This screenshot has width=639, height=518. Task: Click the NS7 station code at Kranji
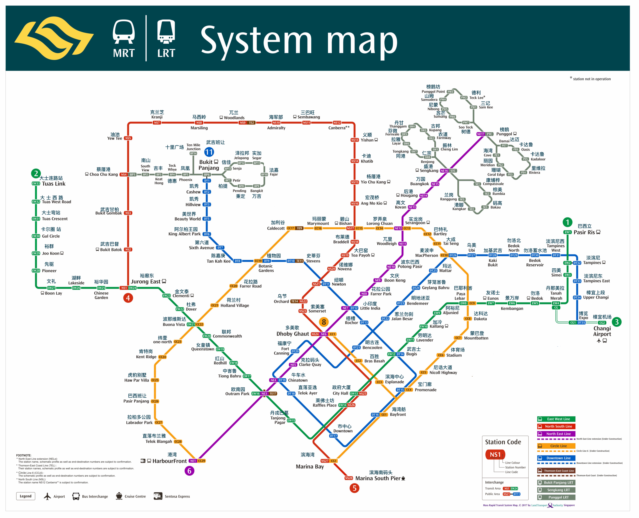(x=157, y=123)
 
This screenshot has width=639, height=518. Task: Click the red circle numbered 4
(x=128, y=298)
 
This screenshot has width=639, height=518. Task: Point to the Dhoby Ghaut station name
(x=292, y=334)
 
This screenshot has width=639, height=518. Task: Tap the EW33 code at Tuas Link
(x=36, y=184)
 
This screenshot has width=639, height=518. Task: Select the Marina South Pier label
(x=378, y=478)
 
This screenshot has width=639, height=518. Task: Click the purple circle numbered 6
(x=189, y=471)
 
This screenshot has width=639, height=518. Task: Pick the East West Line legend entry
(x=556, y=419)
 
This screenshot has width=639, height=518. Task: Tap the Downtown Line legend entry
(x=556, y=458)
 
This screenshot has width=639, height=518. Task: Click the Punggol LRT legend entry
(x=556, y=497)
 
